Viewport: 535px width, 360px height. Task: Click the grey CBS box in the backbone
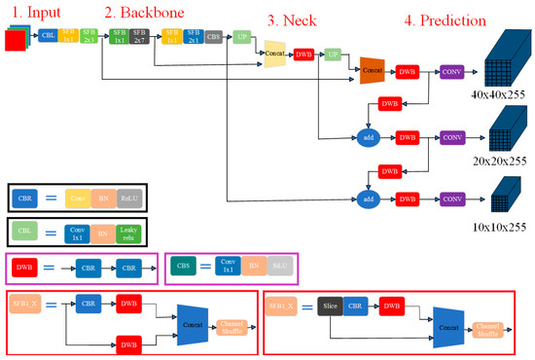[x=213, y=38]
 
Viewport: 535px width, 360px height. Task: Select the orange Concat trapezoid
[x=374, y=70]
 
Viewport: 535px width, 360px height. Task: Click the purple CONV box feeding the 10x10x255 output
[x=452, y=199]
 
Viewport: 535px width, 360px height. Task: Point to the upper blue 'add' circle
[x=367, y=136]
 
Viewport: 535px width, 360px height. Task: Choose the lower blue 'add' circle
[x=367, y=199]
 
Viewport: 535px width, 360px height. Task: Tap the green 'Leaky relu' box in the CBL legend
[x=128, y=234]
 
